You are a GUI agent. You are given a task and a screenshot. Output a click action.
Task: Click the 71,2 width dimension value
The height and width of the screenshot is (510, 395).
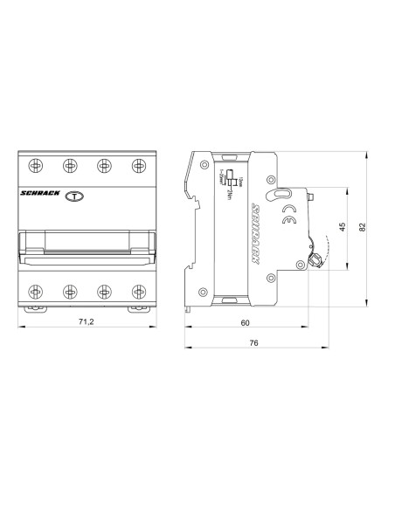(86, 322)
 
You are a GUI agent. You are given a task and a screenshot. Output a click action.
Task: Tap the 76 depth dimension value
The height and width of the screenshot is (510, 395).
(253, 343)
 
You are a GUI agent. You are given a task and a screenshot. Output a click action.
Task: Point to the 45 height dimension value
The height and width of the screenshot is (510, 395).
(343, 227)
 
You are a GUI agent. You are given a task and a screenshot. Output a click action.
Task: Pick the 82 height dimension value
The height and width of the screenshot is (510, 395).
(362, 227)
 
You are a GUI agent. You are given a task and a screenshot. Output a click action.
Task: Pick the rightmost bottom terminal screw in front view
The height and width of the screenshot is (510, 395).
(136, 291)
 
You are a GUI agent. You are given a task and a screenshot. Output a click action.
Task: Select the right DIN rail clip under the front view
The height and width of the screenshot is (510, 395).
(136, 307)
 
